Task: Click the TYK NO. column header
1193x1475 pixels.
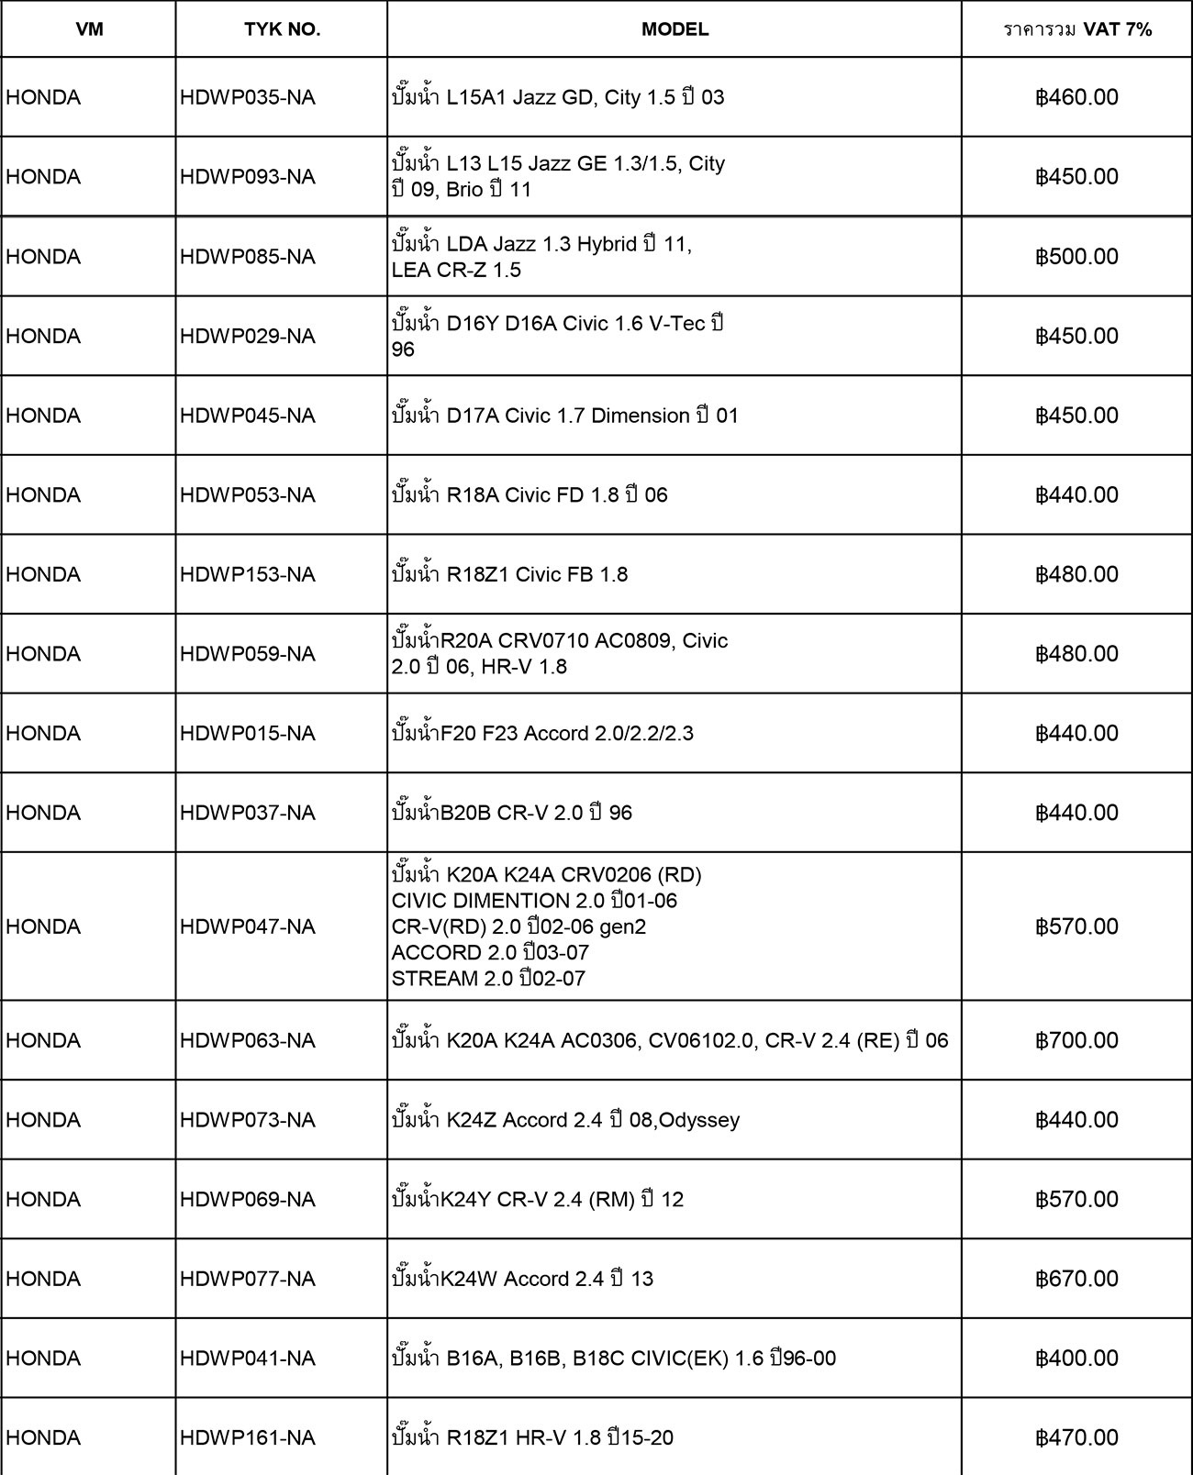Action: [282, 29]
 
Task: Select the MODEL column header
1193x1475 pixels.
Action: [675, 29]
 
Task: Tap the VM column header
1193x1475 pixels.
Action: [89, 29]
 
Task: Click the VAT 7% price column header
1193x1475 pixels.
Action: [1077, 29]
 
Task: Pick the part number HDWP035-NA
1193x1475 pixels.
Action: [248, 97]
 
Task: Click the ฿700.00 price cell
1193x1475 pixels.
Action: [1077, 1040]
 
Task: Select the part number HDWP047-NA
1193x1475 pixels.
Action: [248, 926]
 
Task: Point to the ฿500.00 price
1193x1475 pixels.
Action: [1077, 256]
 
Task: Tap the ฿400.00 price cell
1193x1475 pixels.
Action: [1077, 1358]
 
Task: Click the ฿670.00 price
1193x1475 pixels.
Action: [1077, 1279]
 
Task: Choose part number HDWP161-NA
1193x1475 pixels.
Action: [248, 1437]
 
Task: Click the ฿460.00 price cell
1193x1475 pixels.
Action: [1077, 97]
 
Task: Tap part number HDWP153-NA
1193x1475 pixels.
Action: [248, 574]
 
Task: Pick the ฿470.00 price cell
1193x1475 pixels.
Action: [1077, 1437]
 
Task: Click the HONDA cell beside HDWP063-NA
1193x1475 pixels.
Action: [43, 1040]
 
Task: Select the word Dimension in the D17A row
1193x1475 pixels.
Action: [640, 416]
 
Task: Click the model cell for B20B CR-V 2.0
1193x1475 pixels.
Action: [512, 813]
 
